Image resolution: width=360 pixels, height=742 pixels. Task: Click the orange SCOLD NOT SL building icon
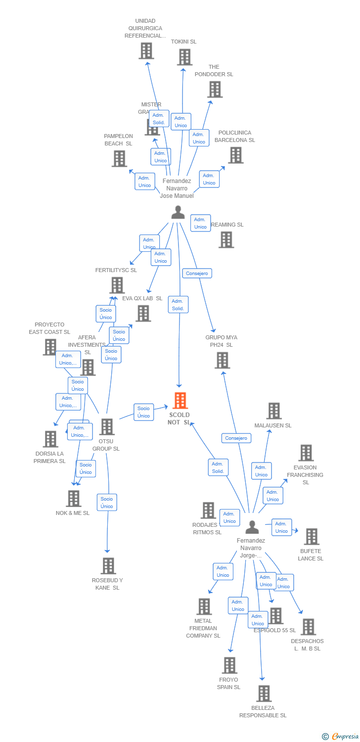pyautogui.click(x=180, y=401)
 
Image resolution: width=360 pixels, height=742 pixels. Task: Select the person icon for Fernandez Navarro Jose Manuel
pyautogui.click(x=178, y=212)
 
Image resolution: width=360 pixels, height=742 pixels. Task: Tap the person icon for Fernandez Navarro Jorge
pyautogui.click(x=252, y=527)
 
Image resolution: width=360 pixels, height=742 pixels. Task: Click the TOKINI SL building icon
pyautogui.click(x=184, y=57)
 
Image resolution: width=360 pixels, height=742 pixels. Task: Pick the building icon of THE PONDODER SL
pyautogui.click(x=214, y=90)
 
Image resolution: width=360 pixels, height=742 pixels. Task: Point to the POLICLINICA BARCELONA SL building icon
pyautogui.click(x=235, y=155)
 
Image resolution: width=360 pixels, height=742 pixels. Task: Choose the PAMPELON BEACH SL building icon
pyautogui.click(x=119, y=159)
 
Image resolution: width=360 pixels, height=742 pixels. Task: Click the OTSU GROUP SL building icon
pyautogui.click(x=107, y=427)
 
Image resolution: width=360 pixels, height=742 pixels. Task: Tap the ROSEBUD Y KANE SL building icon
pyautogui.click(x=108, y=566)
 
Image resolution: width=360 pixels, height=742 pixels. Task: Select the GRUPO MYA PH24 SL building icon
pyautogui.click(x=222, y=360)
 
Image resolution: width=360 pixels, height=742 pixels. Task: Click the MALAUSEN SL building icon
pyautogui.click(x=273, y=411)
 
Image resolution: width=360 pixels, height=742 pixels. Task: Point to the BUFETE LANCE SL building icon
pyautogui.click(x=311, y=537)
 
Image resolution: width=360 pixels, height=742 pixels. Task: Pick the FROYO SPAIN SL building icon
pyautogui.click(x=229, y=665)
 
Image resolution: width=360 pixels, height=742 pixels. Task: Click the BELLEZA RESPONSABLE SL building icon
pyautogui.click(x=264, y=694)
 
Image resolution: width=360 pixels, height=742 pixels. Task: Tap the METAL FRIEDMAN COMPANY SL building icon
pyautogui.click(x=204, y=606)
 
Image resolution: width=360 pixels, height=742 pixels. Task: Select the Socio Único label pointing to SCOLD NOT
pyautogui.click(x=143, y=412)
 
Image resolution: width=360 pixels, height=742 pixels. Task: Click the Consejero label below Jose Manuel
pyautogui.click(x=197, y=273)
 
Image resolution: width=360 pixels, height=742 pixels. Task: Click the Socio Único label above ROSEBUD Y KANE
pyautogui.click(x=107, y=503)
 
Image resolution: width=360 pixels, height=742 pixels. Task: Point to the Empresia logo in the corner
pyautogui.click(x=341, y=736)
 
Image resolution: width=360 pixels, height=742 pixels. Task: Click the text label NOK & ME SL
pyautogui.click(x=73, y=513)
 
